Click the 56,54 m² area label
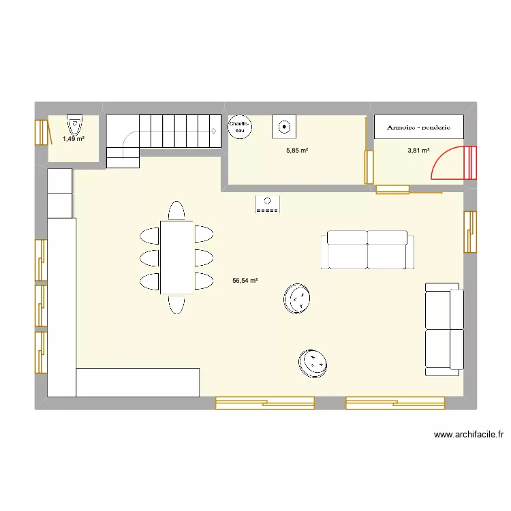click(245, 280)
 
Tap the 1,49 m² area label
click(74, 139)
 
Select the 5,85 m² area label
click(297, 151)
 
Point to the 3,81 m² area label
click(418, 151)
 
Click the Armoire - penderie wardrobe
click(419, 127)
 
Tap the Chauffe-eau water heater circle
click(240, 127)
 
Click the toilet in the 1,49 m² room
click(75, 125)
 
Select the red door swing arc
click(440, 157)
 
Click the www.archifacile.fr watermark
click(469, 435)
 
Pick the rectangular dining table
click(176, 258)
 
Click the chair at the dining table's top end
click(176, 211)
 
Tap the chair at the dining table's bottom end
click(176, 305)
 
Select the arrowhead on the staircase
click(214, 131)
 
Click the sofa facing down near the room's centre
click(367, 250)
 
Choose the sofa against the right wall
click(444, 329)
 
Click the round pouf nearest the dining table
click(296, 298)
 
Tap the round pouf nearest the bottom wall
click(313, 364)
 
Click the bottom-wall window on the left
click(264, 403)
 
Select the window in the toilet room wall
click(42, 133)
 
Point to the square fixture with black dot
click(284, 127)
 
